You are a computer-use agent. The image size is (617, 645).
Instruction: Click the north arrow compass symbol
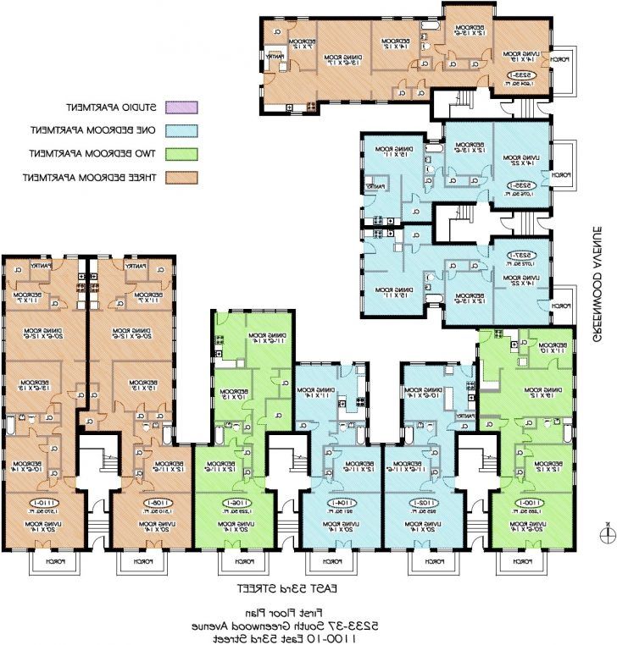606,533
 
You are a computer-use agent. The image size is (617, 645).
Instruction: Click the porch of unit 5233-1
562,60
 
